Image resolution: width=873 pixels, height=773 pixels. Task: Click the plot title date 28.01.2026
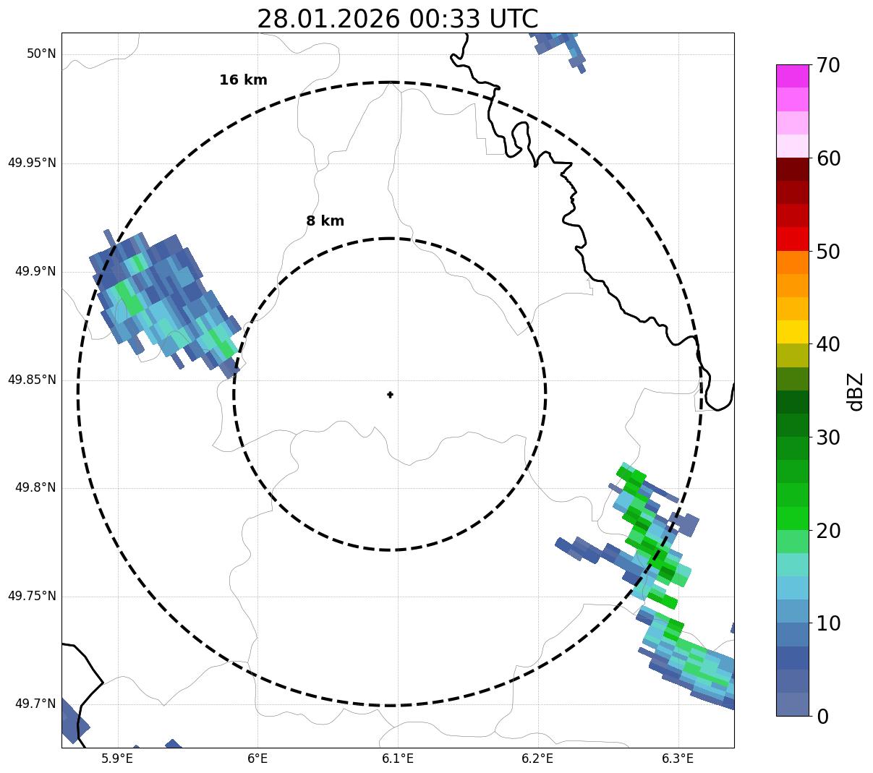click(x=328, y=19)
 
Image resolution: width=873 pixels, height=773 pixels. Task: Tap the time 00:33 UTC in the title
click(x=473, y=19)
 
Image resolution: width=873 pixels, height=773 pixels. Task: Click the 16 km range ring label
click(x=243, y=80)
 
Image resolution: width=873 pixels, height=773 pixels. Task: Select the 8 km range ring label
click(x=325, y=221)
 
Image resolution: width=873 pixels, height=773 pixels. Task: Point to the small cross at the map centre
click(x=391, y=395)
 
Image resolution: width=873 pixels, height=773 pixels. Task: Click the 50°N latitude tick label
click(x=41, y=54)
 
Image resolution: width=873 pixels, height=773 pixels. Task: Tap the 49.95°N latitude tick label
click(x=32, y=163)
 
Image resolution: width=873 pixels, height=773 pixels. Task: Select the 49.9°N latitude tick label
click(x=35, y=271)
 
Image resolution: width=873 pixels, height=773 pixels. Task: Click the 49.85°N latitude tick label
click(x=32, y=380)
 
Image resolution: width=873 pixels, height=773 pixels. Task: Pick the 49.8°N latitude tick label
click(x=35, y=488)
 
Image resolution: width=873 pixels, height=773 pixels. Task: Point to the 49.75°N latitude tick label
click(x=32, y=597)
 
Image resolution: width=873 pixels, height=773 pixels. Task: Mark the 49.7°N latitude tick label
click(x=35, y=704)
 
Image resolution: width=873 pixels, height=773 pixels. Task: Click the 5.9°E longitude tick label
click(x=117, y=759)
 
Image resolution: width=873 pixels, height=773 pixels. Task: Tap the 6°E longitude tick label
click(x=257, y=759)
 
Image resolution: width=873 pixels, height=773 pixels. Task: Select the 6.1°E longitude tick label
click(x=398, y=759)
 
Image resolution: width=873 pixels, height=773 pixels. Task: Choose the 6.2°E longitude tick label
click(x=537, y=759)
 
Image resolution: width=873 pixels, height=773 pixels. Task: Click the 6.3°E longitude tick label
click(x=678, y=759)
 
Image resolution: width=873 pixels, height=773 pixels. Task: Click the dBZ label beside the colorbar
click(x=856, y=392)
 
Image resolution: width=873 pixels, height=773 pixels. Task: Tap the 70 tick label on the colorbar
click(x=828, y=66)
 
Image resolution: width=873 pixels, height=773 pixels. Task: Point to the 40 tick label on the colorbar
click(x=828, y=345)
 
